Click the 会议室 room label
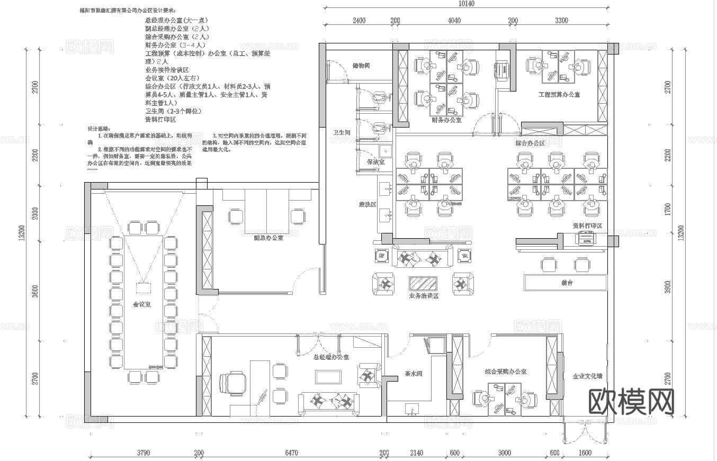[141, 304]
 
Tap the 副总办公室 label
[268, 238]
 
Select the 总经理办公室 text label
[331, 357]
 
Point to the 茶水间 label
[413, 374]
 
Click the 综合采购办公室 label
[505, 372]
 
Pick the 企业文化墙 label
[587, 376]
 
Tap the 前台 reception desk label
[567, 283]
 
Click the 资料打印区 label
[587, 226]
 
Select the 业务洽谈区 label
[424, 296]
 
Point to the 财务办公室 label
[446, 120]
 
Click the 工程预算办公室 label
[559, 95]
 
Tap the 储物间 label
[361, 66]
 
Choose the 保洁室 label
[375, 161]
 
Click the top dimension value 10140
[466, 4]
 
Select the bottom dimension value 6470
[291, 453]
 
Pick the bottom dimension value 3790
[143, 453]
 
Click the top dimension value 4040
[454, 21]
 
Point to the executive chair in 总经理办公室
[232, 383]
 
